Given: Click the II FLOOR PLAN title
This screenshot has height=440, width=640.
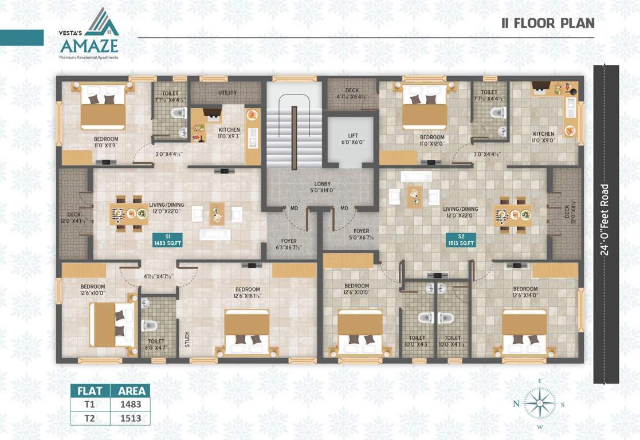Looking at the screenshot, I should pos(548,23).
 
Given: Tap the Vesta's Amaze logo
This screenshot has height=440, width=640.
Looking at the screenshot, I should pos(89,34).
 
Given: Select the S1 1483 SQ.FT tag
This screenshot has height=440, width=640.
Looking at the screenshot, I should pos(167,239).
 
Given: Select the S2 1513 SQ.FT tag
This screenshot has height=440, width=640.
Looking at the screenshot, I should pos(461,239).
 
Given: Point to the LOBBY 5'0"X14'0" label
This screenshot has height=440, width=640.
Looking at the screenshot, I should pos(323,187).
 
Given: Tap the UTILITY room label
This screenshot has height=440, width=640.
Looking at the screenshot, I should pos(227,93).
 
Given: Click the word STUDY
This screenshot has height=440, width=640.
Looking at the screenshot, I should pos(187,339).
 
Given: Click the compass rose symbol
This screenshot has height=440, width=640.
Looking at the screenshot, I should pos(539,403).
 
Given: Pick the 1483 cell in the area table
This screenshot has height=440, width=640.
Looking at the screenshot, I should pos(130,404).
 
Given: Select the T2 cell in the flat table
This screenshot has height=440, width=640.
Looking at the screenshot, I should pos(90,418).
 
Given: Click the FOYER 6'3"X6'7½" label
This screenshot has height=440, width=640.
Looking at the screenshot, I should pos(289,245).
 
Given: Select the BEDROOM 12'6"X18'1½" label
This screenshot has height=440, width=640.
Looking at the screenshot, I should pos(247,293).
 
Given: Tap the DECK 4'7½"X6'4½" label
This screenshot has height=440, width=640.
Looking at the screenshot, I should pos(352,93).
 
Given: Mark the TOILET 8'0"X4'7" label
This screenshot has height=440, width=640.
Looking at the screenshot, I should pos(156,344).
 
